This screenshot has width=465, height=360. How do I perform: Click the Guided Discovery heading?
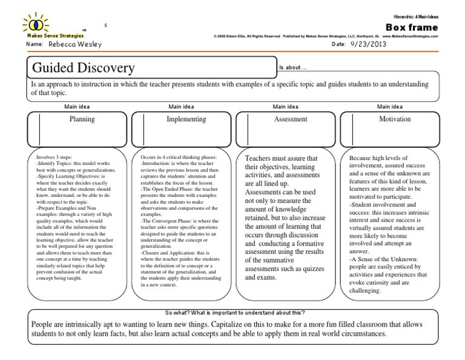84,67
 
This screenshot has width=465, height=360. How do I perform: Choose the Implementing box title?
186,119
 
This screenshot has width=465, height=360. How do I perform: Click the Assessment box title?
291,119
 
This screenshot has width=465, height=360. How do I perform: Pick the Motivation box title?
395,119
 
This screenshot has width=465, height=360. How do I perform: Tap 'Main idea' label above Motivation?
390,106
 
